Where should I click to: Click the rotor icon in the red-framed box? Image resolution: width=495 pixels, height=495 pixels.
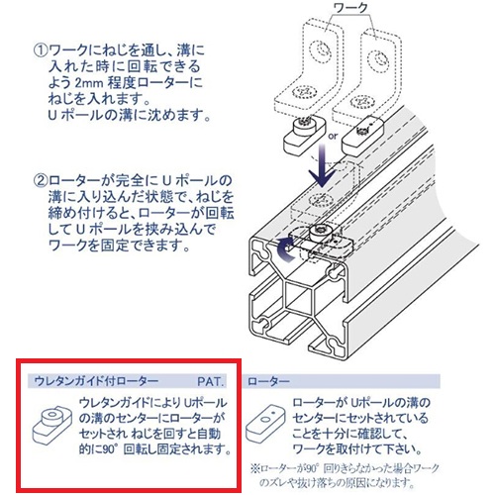[x=48, y=423]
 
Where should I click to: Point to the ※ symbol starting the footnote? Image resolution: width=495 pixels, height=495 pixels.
[x=254, y=466]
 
